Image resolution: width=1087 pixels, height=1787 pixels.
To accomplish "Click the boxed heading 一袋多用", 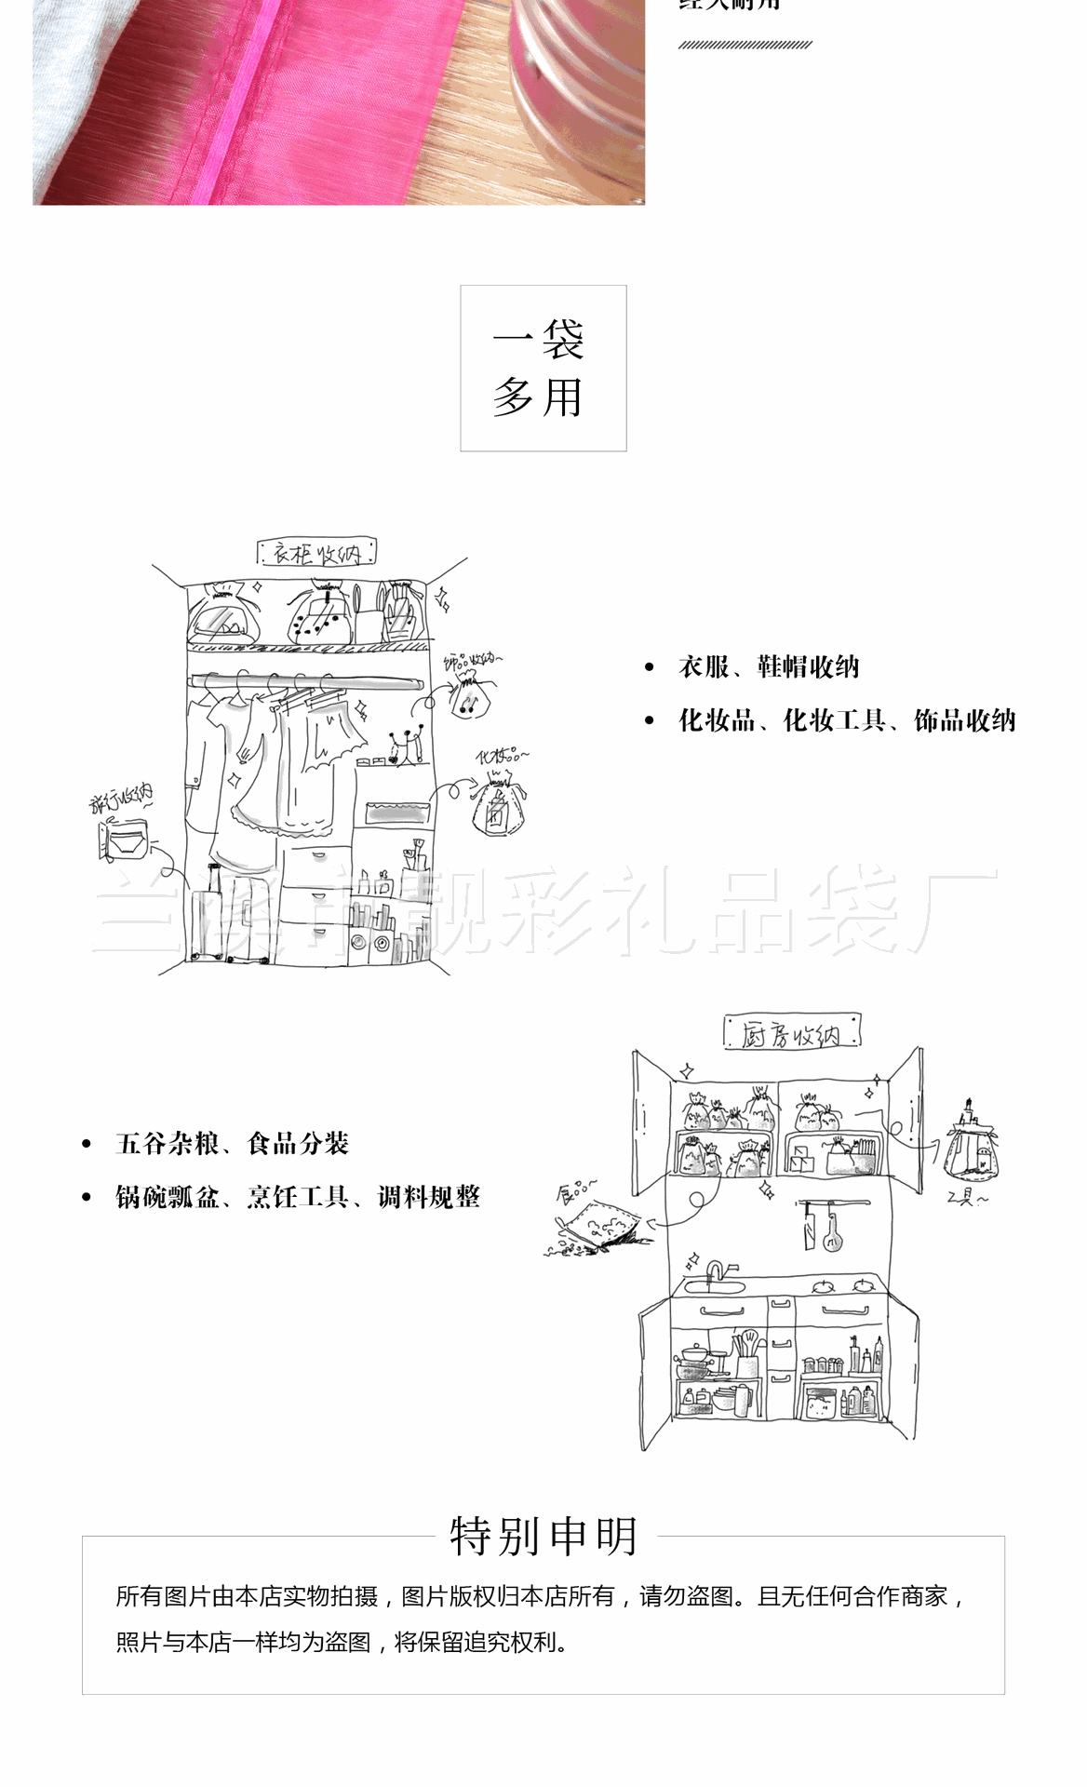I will (543, 369).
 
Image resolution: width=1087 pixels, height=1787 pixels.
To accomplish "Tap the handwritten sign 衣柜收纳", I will (316, 554).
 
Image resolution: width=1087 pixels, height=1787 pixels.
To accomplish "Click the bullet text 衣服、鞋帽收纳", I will (768, 667).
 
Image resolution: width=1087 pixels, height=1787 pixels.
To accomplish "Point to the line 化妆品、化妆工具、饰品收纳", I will (846, 720).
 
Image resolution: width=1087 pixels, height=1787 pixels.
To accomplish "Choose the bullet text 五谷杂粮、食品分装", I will (232, 1143).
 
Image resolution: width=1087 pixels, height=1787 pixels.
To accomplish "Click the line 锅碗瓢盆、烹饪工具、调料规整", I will (297, 1197).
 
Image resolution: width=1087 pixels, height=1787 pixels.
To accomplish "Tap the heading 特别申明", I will (544, 1536).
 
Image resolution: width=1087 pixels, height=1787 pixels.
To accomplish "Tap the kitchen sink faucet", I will (716, 1271).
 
